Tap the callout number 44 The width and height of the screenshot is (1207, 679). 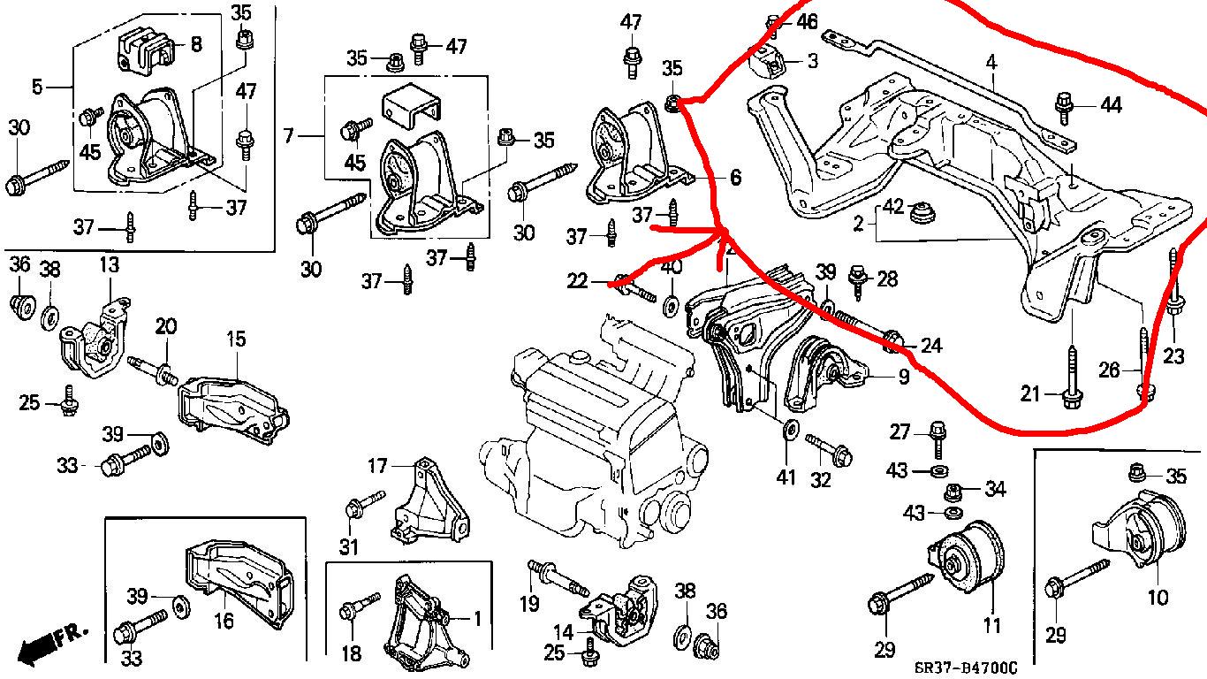(1110, 105)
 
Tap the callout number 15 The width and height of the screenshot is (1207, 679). (235, 339)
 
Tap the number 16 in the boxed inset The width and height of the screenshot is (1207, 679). (224, 621)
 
